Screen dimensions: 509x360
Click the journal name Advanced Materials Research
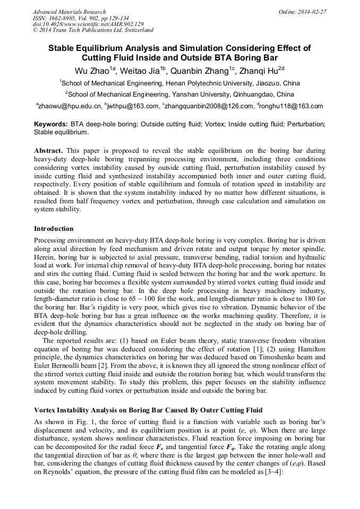pos(69,12)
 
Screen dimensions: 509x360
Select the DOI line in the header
pos(88,24)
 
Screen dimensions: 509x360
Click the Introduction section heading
pos(54,229)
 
